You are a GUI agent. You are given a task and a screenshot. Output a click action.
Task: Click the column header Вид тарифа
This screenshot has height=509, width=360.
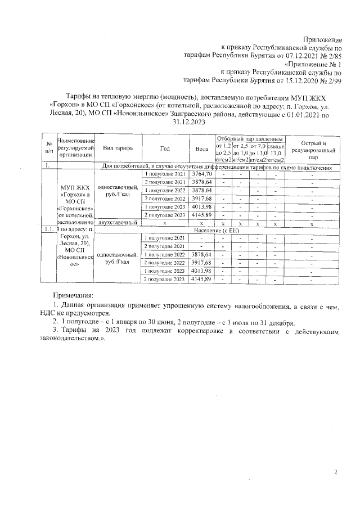click(x=117, y=148)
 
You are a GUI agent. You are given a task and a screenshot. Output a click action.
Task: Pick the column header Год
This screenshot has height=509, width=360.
click(x=165, y=148)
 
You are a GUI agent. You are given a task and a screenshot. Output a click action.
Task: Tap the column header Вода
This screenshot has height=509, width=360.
click(x=201, y=148)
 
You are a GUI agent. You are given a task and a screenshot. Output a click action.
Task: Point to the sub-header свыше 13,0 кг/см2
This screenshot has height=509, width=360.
click(x=276, y=153)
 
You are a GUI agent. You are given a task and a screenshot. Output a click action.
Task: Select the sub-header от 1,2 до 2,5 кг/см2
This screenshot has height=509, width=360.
click(x=223, y=153)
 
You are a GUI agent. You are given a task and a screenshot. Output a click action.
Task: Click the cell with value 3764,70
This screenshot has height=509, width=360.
click(x=201, y=174)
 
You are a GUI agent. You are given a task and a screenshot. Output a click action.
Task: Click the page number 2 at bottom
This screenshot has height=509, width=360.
click(x=335, y=472)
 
